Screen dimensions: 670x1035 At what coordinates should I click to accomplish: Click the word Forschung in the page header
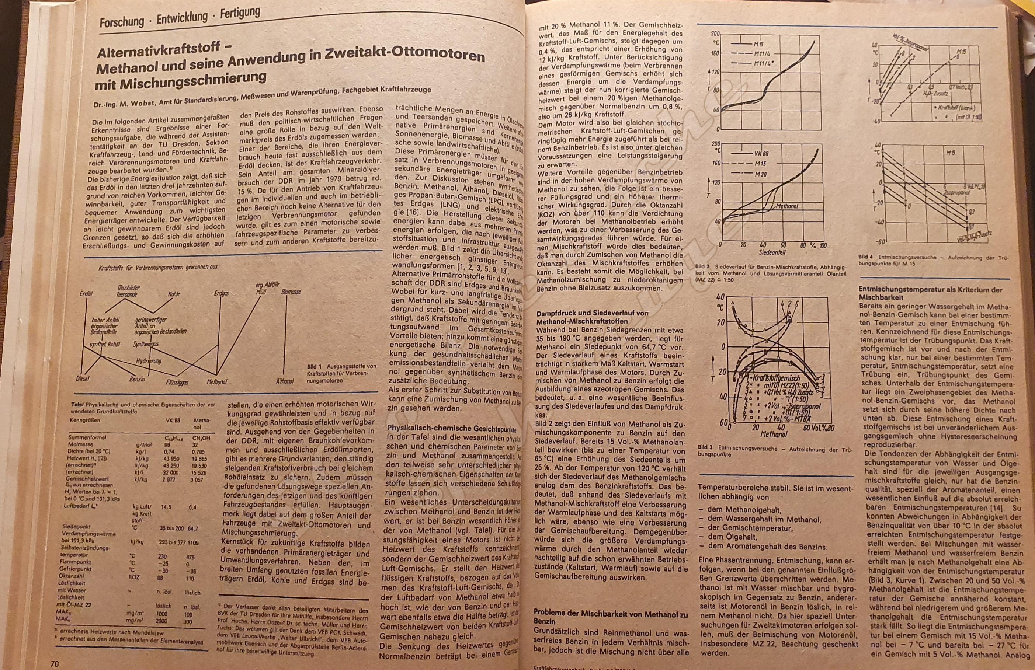pos(121,21)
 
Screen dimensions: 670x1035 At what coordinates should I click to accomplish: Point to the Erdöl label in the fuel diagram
pos(86,294)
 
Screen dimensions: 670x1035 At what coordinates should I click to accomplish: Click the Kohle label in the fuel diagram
pos(174,294)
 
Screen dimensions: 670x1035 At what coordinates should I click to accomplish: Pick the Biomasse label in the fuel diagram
pos(291,292)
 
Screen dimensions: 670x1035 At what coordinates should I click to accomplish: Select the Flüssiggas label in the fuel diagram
pos(177,383)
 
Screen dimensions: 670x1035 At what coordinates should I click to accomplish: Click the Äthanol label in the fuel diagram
pos(285,381)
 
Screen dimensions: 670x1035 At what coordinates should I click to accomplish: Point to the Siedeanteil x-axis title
pos(771,252)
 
